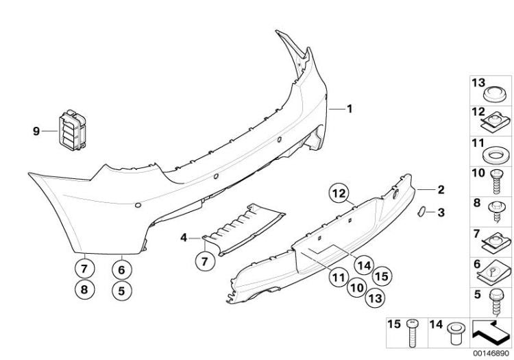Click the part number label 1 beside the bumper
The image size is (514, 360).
pyautogui.click(x=350, y=109)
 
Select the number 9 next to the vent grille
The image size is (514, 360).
pyautogui.click(x=36, y=132)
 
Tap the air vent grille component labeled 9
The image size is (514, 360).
pyautogui.click(x=72, y=130)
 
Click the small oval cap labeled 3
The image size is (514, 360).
pyautogui.click(x=421, y=211)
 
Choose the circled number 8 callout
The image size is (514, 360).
pyautogui.click(x=84, y=289)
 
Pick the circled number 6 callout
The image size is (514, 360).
pyautogui.click(x=121, y=270)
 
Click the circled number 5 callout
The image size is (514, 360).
pyautogui.click(x=121, y=291)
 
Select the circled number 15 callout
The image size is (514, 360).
pyautogui.click(x=382, y=276)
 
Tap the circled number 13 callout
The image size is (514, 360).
pyautogui.click(x=375, y=298)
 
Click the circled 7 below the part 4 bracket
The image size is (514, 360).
pyautogui.click(x=204, y=261)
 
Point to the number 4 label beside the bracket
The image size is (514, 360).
pyautogui.click(x=184, y=238)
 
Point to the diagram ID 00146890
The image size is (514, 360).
pyautogui.click(x=491, y=353)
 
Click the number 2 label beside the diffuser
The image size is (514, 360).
pyautogui.click(x=441, y=189)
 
